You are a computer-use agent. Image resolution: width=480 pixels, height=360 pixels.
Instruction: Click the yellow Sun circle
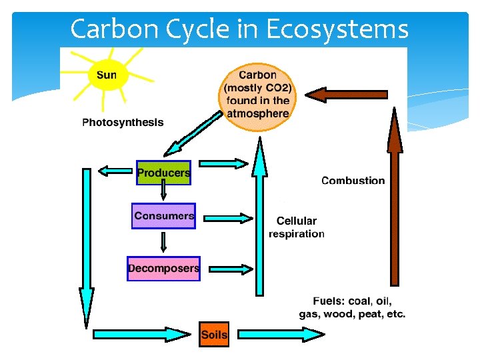coord(106,75)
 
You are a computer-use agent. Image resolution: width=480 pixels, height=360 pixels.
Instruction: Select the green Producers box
coord(163,173)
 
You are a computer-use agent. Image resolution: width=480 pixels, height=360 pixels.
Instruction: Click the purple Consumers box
coord(164,216)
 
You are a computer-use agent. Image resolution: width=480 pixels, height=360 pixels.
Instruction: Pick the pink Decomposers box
coord(163,269)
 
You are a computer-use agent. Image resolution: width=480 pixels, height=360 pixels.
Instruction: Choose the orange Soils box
coord(214,335)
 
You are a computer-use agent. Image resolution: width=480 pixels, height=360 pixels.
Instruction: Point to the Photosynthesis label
coord(123,123)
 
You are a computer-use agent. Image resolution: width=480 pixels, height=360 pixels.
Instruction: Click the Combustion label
coord(353,181)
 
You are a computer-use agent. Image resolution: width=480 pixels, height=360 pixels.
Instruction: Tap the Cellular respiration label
coord(297,227)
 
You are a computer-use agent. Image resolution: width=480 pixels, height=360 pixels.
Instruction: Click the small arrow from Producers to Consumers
coord(163,192)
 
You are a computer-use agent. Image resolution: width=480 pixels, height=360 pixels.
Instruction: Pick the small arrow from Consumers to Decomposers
coord(163,241)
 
